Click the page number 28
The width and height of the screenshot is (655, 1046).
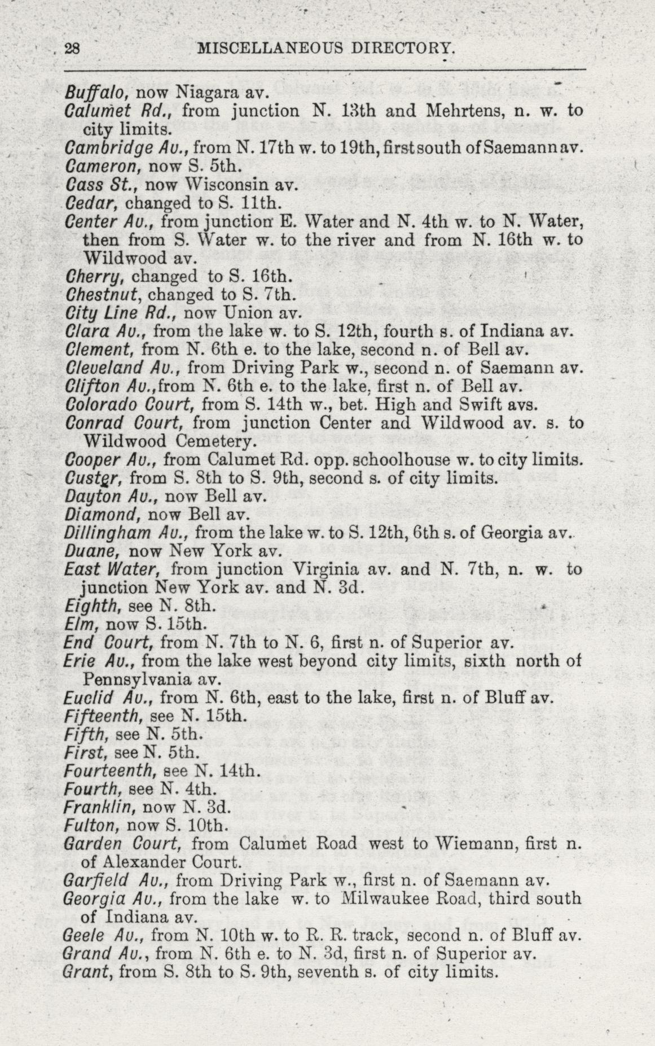coord(72,49)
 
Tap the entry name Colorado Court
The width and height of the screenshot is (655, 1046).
coord(130,404)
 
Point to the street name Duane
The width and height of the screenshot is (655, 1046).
coord(90,551)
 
